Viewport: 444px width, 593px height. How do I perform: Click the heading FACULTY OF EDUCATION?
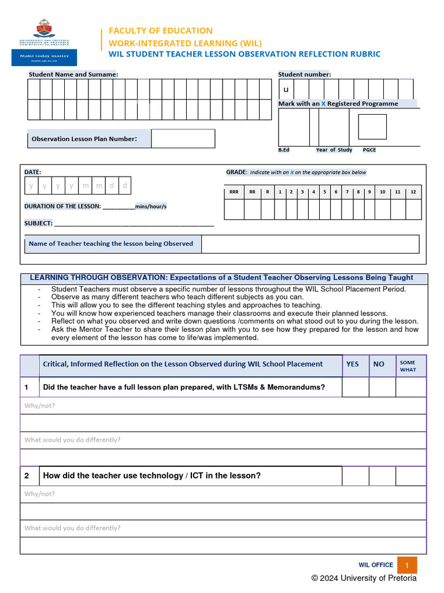[157, 31]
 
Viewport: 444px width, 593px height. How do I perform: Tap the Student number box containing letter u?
[286, 89]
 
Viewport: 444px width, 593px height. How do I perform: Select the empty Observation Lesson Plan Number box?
[183, 138]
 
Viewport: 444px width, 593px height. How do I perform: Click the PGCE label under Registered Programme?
[369, 150]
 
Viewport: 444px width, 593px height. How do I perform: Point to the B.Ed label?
[284, 150]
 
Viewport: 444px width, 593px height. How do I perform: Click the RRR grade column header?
[234, 192]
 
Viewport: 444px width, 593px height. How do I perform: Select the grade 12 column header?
[413, 192]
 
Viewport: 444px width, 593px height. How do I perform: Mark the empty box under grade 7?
[347, 209]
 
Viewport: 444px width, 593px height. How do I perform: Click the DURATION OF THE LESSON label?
[62, 206]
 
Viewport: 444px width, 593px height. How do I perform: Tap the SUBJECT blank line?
[134, 224]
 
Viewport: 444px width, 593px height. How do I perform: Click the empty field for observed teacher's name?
[310, 244]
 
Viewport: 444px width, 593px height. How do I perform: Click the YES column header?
[352, 364]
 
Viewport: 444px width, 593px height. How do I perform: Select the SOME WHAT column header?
[408, 366]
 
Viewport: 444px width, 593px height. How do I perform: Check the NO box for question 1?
[382, 387]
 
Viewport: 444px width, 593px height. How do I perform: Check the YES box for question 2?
[356, 475]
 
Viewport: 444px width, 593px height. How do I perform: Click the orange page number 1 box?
[407, 565]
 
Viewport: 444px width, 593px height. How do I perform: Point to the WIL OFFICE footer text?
[376, 565]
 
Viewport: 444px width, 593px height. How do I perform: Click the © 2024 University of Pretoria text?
[364, 578]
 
